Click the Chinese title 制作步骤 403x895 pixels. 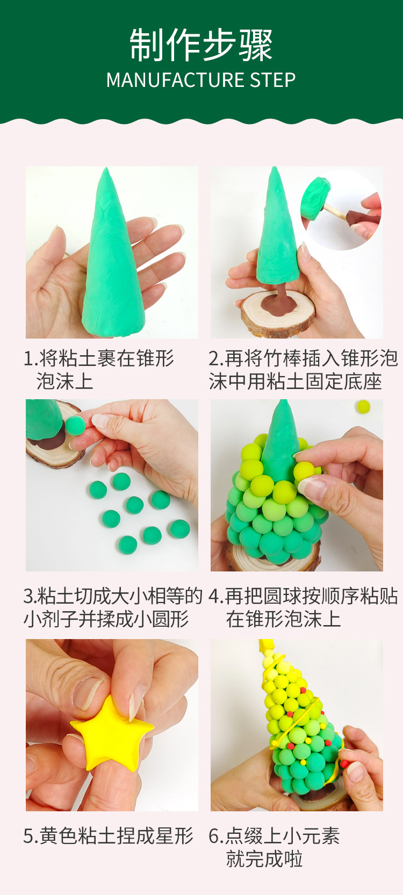201,45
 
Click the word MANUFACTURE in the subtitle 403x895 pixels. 175,80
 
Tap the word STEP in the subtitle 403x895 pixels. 273,80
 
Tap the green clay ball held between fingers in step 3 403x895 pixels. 75,426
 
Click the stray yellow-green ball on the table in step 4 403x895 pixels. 363,406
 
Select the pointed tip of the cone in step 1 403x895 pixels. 106,168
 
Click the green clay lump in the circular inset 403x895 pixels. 316,199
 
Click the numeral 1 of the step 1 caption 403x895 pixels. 28,359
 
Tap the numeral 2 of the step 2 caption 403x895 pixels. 214,359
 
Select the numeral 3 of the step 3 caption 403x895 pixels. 28,597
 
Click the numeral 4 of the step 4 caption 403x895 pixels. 214,597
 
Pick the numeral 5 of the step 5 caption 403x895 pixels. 28,836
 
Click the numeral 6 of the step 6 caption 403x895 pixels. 214,836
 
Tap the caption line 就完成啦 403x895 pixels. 264,859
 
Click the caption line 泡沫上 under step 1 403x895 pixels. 64,381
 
